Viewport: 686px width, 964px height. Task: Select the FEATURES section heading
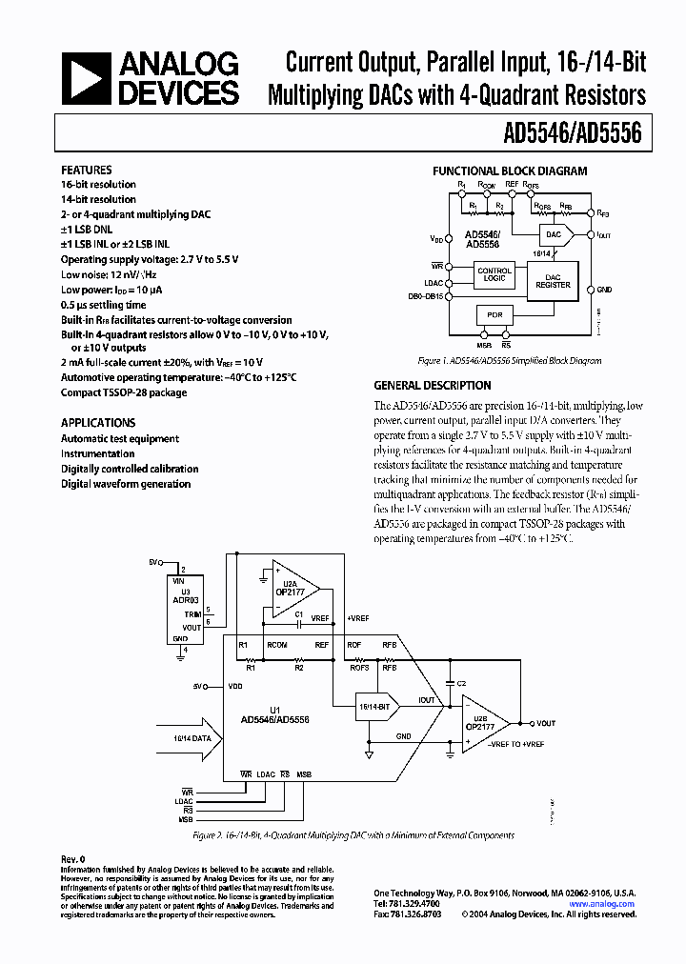87,170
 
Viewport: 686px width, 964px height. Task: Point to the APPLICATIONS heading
98,422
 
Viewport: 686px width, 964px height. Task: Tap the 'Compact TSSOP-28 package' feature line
124,392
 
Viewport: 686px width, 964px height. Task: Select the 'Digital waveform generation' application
126,484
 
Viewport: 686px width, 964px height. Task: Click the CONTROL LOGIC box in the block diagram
494,274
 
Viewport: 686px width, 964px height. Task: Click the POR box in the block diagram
494,315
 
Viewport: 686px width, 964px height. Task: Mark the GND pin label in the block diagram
605,289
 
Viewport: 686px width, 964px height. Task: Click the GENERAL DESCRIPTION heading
433,386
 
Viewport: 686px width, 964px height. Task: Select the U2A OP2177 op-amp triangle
292,589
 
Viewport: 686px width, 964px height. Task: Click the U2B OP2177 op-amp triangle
484,723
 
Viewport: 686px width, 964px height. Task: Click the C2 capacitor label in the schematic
461,684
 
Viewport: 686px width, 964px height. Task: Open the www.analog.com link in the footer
602,904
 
